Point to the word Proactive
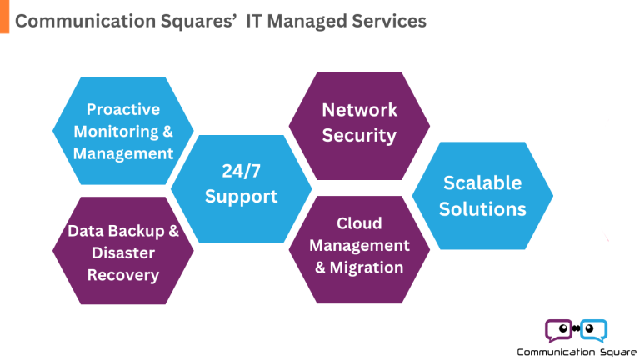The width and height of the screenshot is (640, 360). (x=123, y=109)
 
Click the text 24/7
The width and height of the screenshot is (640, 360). (x=242, y=172)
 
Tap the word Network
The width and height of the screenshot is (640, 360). (x=359, y=110)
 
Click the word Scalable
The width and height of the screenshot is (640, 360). (x=482, y=182)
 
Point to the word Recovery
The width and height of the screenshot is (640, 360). (x=123, y=274)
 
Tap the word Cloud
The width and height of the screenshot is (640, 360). (x=359, y=223)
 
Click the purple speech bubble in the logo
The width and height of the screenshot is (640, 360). (x=559, y=330)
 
